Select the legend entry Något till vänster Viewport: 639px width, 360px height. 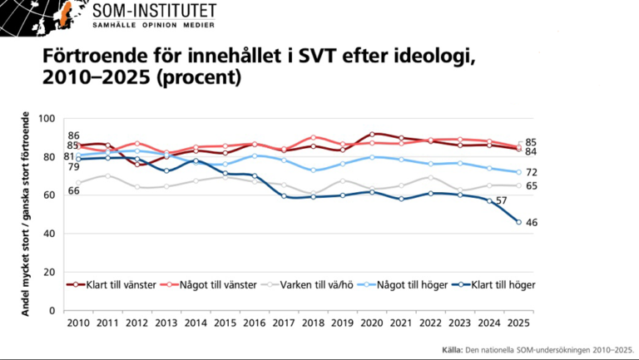pos(216,284)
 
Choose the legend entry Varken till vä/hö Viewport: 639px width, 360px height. pos(315,284)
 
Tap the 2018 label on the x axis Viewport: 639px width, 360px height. pos(314,322)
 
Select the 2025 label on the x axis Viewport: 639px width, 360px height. pos(519,322)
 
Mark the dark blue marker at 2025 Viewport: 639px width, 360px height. pos(519,222)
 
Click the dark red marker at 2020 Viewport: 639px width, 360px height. pos(372,134)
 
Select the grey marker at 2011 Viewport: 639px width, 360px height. pos(107,175)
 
